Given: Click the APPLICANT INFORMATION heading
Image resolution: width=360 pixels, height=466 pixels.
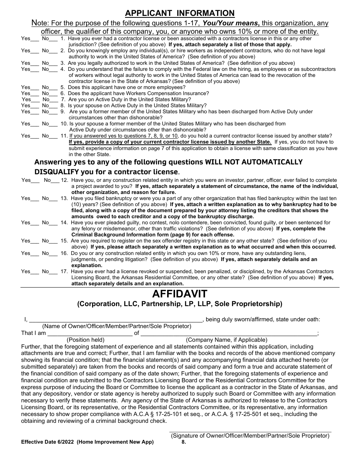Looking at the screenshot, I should pyautogui.click(x=180, y=13).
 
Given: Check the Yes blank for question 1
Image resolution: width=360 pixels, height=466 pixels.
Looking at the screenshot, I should pyautogui.click(x=35, y=39).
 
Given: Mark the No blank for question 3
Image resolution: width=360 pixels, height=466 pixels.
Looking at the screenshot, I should pyautogui.click(x=54, y=64).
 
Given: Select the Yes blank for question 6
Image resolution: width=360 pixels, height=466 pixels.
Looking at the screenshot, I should pyautogui.click(x=35, y=94).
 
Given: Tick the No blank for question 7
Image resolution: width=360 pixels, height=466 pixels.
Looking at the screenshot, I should pyautogui.click(x=55, y=100).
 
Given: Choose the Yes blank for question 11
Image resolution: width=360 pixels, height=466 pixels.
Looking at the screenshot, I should pyautogui.click(x=35, y=136).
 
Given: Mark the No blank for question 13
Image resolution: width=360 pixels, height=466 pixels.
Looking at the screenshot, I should pyautogui.click(x=54, y=199).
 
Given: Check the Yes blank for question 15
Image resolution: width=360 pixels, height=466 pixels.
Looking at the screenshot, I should pyautogui.click(x=35, y=241).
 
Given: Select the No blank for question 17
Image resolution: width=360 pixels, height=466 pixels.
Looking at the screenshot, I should pyautogui.click(x=54, y=272).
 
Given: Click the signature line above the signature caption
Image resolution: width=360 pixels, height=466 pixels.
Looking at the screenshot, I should pyautogui.click(x=250, y=432).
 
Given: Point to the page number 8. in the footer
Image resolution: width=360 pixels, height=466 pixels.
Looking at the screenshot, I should pyautogui.click(x=184, y=442).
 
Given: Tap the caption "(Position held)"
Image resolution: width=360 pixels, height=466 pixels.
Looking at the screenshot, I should pyautogui.click(x=86, y=340).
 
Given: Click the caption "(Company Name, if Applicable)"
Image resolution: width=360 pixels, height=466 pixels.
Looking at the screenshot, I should pyautogui.click(x=227, y=340).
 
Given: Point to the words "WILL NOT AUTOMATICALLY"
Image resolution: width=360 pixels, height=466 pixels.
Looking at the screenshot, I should pyautogui.click(x=254, y=162).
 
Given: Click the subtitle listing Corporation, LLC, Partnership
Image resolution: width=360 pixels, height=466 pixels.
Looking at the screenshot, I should pyautogui.click(x=180, y=304).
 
